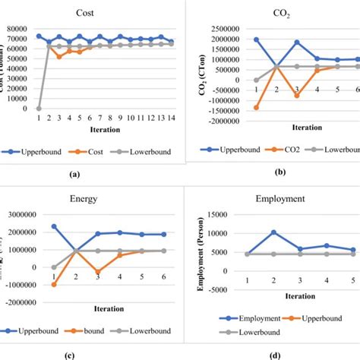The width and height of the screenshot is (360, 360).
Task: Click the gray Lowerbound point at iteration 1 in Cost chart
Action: [x=39, y=108]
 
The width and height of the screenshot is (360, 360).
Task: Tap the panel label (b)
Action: [x=283, y=174]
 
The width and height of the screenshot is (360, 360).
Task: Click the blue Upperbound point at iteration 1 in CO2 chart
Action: [x=256, y=39]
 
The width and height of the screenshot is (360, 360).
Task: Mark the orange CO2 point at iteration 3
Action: [x=297, y=96]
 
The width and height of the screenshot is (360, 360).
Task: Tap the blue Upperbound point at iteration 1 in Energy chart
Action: [x=54, y=226]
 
